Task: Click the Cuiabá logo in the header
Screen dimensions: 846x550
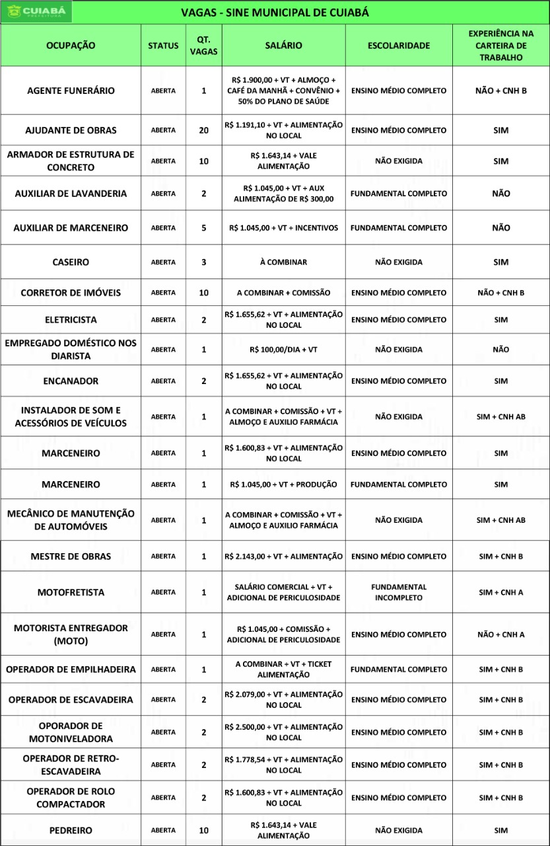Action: [37, 12]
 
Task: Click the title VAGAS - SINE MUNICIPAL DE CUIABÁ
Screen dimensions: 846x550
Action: [275, 13]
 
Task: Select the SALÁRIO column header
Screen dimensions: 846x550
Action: [283, 46]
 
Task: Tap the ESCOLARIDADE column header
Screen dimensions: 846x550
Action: [398, 46]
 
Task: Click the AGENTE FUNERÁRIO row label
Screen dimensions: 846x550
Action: [71, 91]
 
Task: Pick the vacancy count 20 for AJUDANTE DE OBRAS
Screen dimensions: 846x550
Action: [203, 130]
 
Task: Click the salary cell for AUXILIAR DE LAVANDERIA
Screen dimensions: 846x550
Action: [283, 194]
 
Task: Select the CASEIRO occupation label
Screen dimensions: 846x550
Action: [71, 262]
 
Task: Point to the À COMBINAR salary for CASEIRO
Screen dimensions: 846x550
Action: [283, 262]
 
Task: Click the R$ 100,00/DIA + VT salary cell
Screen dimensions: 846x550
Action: [283, 349]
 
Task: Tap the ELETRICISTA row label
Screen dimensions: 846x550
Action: [71, 320]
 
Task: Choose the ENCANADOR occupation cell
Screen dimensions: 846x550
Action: [71, 381]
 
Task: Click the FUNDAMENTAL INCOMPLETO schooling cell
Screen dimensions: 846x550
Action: [398, 592]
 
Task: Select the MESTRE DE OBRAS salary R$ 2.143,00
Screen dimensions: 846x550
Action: [283, 556]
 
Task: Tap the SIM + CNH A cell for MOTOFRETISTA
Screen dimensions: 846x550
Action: [500, 592]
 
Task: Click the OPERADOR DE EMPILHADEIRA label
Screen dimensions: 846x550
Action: [71, 670]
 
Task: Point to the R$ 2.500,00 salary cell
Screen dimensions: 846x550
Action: [283, 732]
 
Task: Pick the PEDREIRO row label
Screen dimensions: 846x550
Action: [71, 830]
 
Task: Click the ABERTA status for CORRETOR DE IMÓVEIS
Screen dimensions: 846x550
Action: [163, 292]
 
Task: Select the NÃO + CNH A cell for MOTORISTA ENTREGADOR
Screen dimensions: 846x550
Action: [500, 634]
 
